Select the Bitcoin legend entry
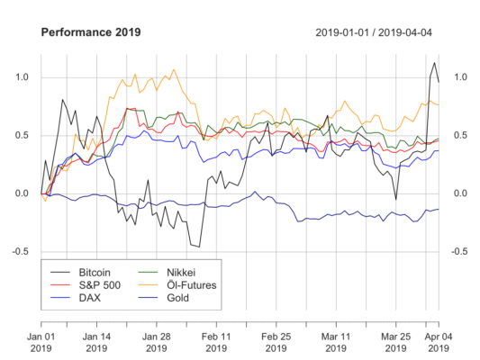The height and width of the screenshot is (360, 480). (x=97, y=270)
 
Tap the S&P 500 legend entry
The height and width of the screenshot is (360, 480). (x=99, y=284)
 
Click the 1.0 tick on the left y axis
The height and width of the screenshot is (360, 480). (x=21, y=77)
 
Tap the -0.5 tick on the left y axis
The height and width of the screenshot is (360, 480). (x=19, y=251)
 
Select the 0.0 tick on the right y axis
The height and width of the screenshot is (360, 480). (x=459, y=193)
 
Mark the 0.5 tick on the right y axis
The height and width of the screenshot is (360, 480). (x=459, y=136)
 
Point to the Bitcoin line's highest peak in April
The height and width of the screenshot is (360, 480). (x=434, y=62)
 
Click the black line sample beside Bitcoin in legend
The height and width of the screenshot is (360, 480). (x=60, y=270)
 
